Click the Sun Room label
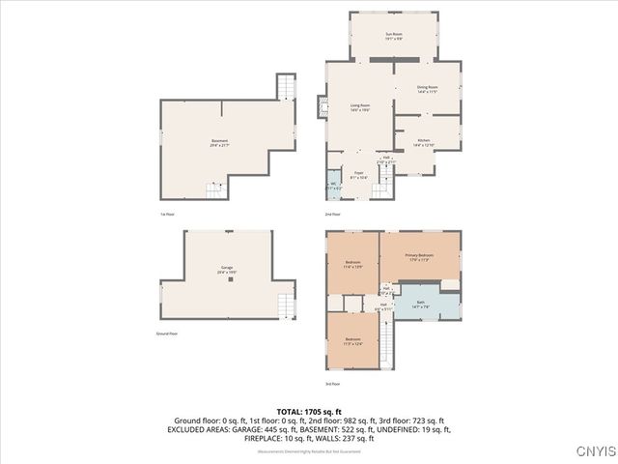tap(393, 36)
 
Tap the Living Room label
tap(360, 108)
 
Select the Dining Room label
tap(427, 90)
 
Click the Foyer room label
tap(357, 176)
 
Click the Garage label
tap(226, 269)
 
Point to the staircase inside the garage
tap(285, 307)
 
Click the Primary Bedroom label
tap(420, 256)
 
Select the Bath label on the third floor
tap(421, 304)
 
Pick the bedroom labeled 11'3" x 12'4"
tap(352, 340)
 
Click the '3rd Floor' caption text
tap(332, 384)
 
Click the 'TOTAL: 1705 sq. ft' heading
tap(308, 413)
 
